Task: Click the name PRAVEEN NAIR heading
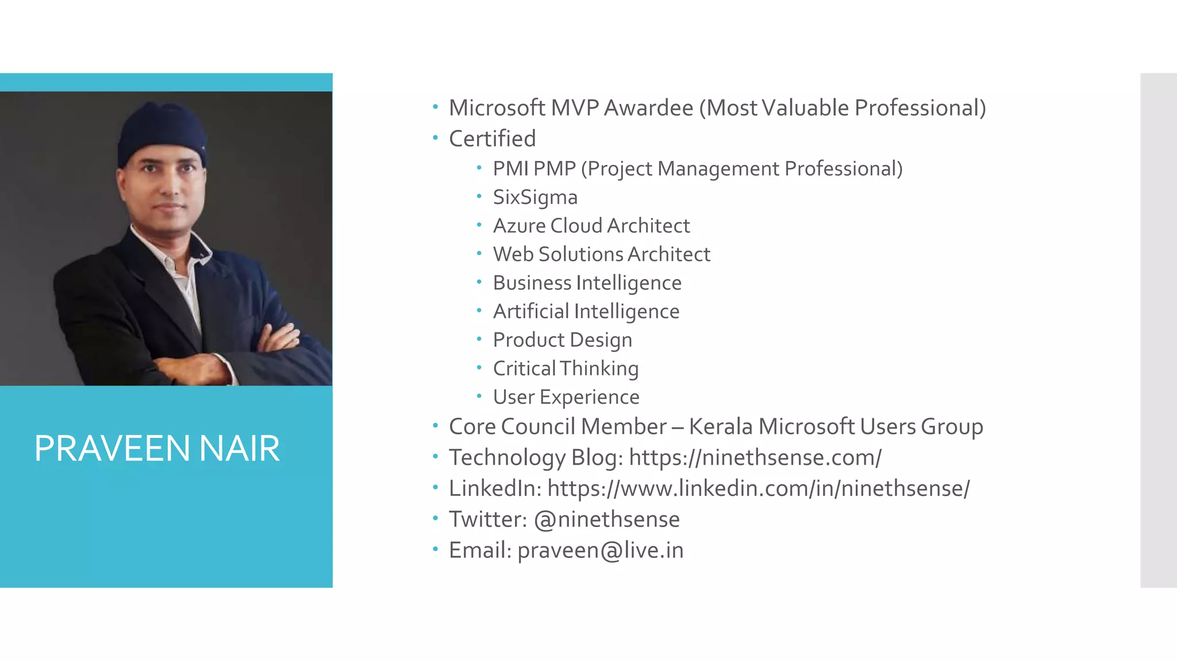[157, 448]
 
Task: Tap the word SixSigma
[535, 197]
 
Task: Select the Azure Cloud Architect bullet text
[591, 226]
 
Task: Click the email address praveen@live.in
[601, 550]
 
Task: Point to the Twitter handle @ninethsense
[606, 519]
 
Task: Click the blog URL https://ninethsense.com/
[755, 457]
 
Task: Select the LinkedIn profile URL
[758, 488]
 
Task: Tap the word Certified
[492, 138]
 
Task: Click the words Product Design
[562, 340]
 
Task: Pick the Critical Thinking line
[566, 368]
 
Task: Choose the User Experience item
[566, 397]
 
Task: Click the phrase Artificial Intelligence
[586, 311]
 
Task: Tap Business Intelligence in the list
[587, 283]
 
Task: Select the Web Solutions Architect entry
[601, 254]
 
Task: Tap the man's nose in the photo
[168, 187]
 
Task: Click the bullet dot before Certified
[436, 137]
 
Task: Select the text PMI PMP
[534, 169]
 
